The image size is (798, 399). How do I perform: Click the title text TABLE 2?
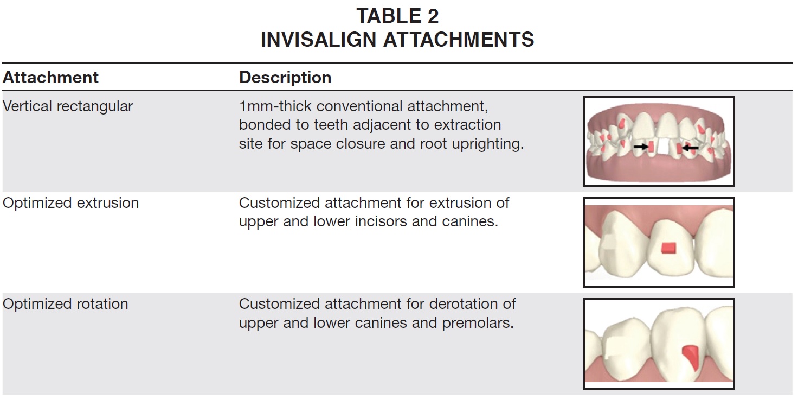[397, 16]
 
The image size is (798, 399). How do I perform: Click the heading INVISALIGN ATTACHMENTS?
[397, 39]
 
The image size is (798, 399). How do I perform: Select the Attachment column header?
[50, 78]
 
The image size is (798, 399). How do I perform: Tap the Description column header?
[285, 78]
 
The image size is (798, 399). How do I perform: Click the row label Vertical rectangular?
[68, 106]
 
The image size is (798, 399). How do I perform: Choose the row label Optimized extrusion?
[70, 203]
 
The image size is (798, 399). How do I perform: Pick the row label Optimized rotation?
[65, 304]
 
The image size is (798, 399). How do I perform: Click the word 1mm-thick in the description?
[275, 106]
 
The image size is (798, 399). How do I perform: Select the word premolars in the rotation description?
[478, 324]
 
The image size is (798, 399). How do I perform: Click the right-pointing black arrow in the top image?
[641, 147]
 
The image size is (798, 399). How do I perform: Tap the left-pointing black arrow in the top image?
[690, 148]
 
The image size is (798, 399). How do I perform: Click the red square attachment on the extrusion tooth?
[668, 248]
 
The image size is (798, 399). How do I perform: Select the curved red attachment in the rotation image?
[691, 357]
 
